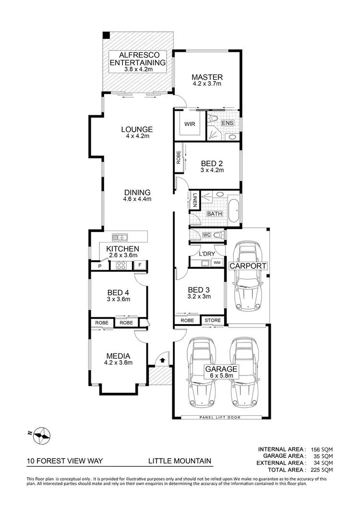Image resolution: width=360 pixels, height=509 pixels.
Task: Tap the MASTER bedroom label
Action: [x=207, y=77]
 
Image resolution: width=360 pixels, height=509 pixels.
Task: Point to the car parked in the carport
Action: [x=248, y=278]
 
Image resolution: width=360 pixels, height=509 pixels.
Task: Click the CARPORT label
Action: [x=248, y=266]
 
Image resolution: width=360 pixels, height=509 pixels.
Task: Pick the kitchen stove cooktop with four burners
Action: [x=121, y=265]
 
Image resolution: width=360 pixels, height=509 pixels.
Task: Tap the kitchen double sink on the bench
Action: [x=119, y=237]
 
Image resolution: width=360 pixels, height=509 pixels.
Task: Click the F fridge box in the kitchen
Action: [x=139, y=265]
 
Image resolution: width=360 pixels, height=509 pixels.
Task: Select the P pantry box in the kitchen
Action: [x=100, y=265]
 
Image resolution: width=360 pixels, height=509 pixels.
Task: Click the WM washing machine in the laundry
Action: [x=216, y=263]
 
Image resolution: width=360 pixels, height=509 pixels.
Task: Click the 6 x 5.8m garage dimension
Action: [x=221, y=376]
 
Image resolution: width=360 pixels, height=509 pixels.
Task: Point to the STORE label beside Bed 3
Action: [x=213, y=320]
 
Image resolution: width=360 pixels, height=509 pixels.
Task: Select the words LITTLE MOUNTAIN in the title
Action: [x=180, y=461]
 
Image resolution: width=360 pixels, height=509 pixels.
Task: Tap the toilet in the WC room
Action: [x=218, y=235]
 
